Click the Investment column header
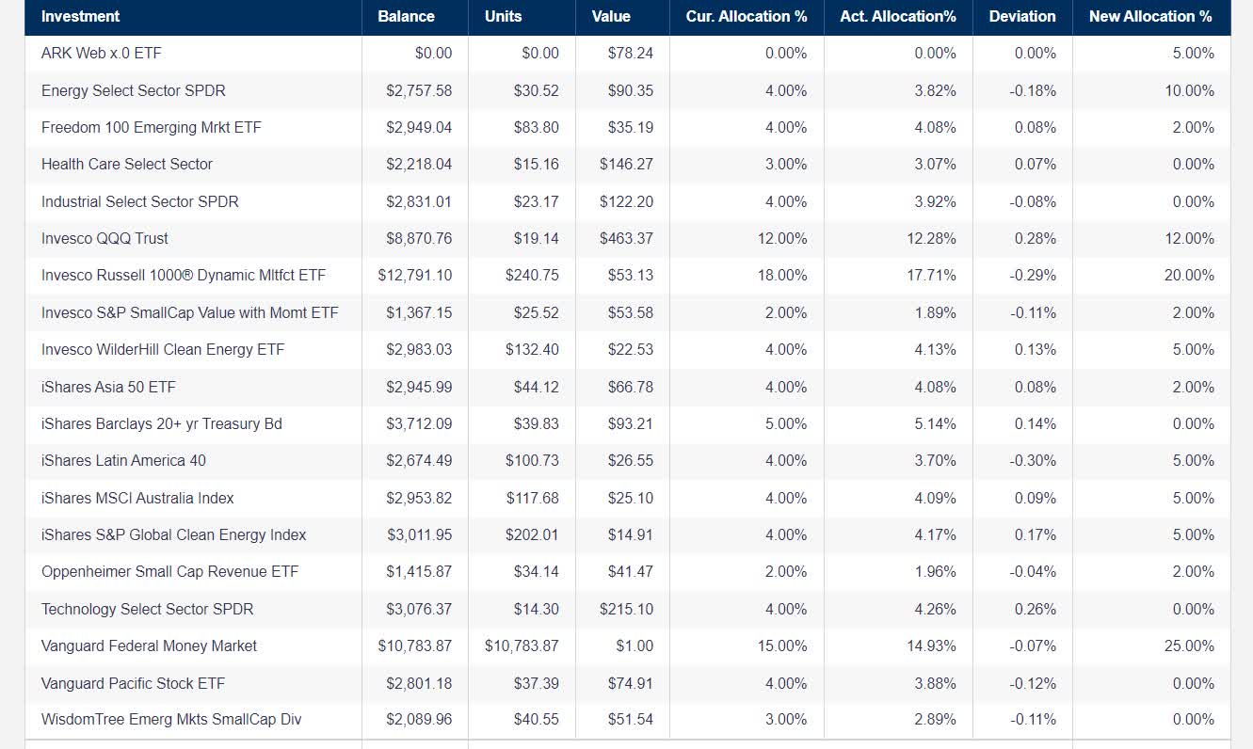[x=81, y=16]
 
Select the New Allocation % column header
[x=1150, y=16]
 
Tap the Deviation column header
[x=1022, y=16]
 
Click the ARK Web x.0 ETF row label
[x=102, y=54]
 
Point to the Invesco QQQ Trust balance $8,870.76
[x=419, y=239]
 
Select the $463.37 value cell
[x=626, y=239]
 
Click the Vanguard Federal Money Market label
[x=149, y=646]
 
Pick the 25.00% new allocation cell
[x=1193, y=646]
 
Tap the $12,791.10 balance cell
[x=415, y=276]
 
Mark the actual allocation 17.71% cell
[x=935, y=276]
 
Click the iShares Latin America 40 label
[x=123, y=461]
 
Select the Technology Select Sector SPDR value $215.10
[x=626, y=610]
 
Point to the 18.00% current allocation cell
[x=782, y=276]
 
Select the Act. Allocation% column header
[x=898, y=16]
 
